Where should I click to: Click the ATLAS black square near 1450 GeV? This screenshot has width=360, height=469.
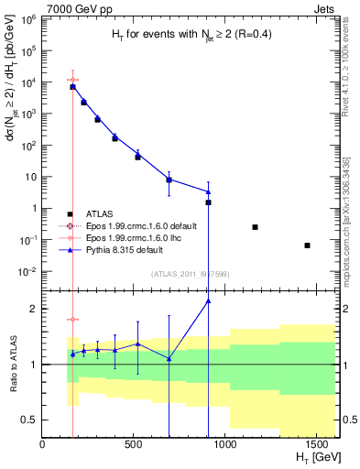(x=308, y=245)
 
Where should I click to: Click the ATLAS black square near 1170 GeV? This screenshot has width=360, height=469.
(x=256, y=227)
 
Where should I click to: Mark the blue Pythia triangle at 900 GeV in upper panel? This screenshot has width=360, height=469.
(x=209, y=192)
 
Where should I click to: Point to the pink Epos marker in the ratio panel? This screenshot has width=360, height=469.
(x=73, y=320)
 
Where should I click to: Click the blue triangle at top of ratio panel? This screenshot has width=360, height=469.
(x=209, y=300)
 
